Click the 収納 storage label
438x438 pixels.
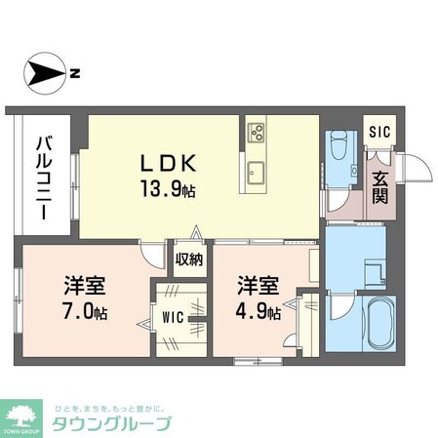click(190, 259)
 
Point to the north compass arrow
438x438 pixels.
click(44, 72)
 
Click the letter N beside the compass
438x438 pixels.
click(75, 72)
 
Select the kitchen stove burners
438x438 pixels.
click(258, 131)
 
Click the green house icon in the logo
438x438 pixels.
click(23, 410)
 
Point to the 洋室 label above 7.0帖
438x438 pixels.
click(85, 287)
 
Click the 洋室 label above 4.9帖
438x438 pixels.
click(258, 287)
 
